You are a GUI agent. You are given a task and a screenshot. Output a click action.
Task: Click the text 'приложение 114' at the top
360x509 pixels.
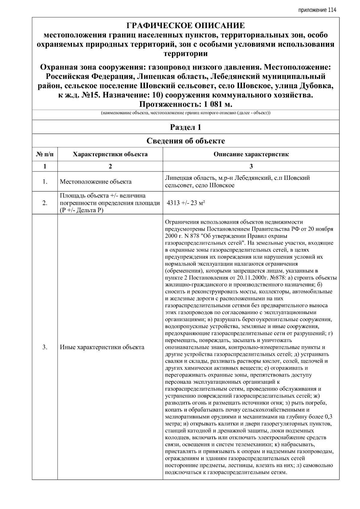[x=317, y=10]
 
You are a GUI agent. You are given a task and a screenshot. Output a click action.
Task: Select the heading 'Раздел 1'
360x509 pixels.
[x=185, y=127]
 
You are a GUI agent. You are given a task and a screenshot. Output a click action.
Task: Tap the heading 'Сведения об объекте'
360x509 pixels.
[x=185, y=141]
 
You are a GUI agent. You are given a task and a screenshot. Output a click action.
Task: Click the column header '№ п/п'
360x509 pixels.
[x=45, y=154]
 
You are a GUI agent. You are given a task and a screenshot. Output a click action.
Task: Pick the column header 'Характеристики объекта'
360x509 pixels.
[x=110, y=154]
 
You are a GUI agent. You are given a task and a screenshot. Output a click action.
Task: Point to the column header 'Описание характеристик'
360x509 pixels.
[x=251, y=154]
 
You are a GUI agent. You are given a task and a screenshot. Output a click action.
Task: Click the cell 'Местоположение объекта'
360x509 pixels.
[x=95, y=182]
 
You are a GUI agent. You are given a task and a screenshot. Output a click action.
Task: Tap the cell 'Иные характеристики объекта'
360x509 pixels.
[x=102, y=347]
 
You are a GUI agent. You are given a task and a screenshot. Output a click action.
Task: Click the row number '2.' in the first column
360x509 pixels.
[x=45, y=203]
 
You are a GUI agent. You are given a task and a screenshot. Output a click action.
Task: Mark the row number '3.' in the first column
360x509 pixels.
[x=45, y=347]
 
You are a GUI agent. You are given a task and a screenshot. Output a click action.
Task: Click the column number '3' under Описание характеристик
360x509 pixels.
[x=251, y=166]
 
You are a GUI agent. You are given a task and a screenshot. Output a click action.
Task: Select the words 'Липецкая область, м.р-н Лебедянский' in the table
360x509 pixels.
[x=218, y=178]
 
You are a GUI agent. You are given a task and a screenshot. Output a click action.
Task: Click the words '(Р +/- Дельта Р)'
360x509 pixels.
[x=81, y=210]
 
